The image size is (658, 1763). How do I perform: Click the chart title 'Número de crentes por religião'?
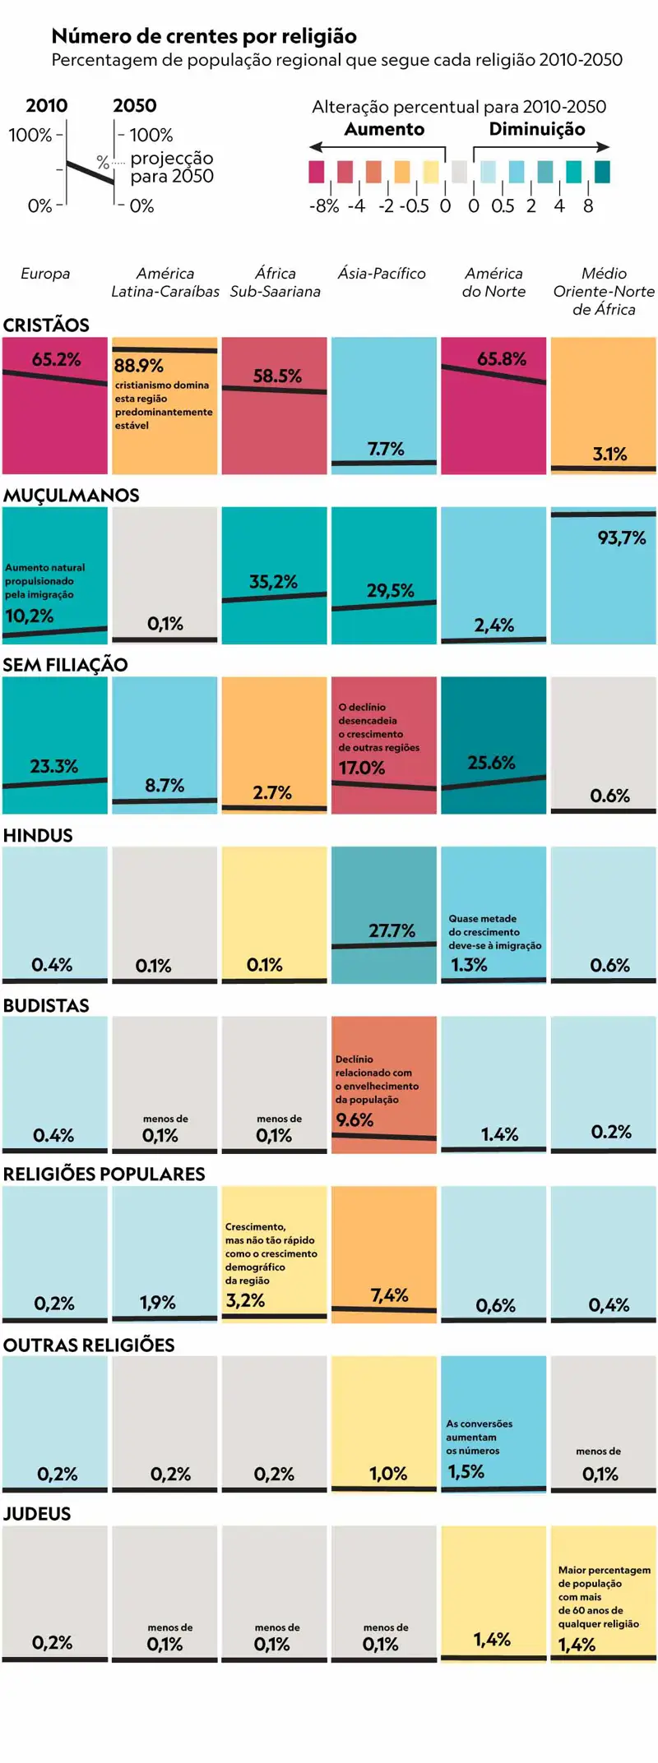(x=204, y=36)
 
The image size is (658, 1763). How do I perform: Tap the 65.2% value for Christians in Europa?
(x=57, y=359)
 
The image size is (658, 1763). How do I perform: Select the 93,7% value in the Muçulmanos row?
(x=621, y=538)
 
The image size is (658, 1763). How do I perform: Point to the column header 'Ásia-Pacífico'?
(x=382, y=274)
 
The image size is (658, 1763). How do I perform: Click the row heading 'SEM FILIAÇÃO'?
(x=65, y=665)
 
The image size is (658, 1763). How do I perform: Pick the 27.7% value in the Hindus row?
(x=392, y=931)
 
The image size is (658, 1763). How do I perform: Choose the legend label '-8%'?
(x=324, y=206)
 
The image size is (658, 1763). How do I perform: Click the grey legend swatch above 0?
(x=459, y=172)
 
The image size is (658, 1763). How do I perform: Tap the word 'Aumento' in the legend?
(x=384, y=129)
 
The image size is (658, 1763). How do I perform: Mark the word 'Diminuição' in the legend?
(x=537, y=129)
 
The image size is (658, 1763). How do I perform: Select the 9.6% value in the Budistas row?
(x=354, y=1120)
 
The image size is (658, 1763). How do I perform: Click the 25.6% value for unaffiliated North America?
(x=491, y=763)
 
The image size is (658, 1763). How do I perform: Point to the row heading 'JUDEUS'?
(x=37, y=1514)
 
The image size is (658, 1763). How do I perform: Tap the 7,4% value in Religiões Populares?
(x=389, y=1295)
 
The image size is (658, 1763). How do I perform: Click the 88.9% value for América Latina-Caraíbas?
(x=138, y=366)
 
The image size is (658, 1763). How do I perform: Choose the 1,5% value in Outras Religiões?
(x=466, y=1471)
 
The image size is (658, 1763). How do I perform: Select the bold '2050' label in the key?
(x=135, y=106)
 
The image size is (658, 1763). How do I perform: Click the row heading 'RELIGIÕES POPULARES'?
(x=104, y=1175)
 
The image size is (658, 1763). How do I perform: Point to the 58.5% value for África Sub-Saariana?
(x=277, y=376)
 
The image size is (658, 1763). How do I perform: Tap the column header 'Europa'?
(x=45, y=274)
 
